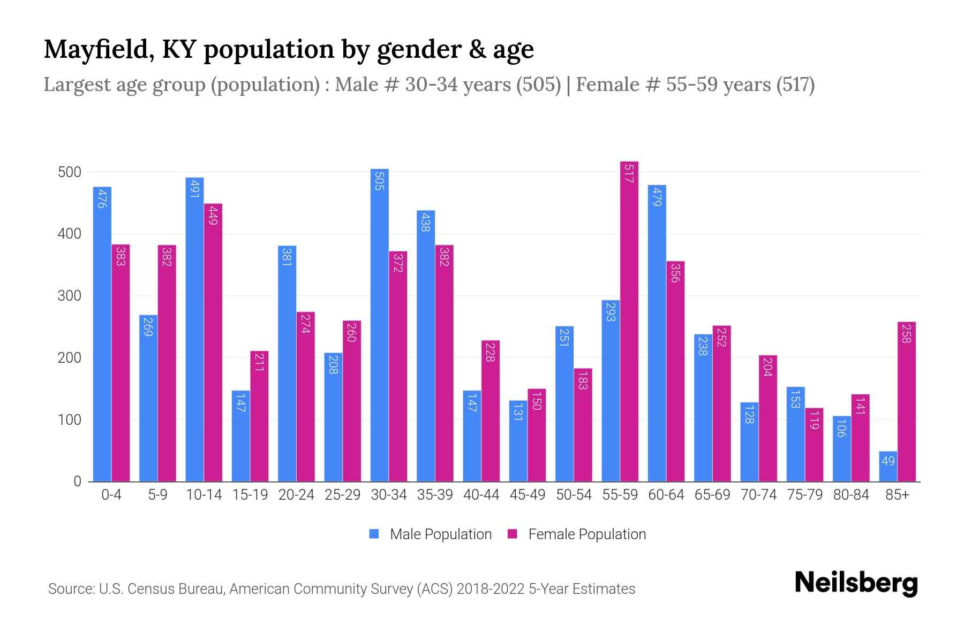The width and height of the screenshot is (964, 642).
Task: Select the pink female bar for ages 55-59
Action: [x=629, y=322]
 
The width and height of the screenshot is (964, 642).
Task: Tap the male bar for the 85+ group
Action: [x=888, y=467]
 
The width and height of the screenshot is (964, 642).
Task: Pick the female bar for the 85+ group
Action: [x=906, y=401]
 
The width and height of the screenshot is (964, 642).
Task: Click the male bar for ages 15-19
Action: [x=240, y=436]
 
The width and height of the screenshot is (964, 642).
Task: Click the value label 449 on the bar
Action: [x=213, y=215]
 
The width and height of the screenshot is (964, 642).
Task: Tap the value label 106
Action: [x=841, y=428]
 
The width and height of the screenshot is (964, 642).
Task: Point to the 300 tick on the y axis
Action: [x=70, y=296]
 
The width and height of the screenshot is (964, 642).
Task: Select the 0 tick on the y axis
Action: [x=78, y=481]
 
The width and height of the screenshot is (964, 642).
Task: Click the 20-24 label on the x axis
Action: [x=296, y=495]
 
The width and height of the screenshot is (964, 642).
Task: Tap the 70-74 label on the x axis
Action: [x=758, y=495]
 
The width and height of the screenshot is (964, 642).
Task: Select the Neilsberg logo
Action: [x=855, y=583]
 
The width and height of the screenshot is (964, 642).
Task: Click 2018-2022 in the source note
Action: [x=491, y=589]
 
